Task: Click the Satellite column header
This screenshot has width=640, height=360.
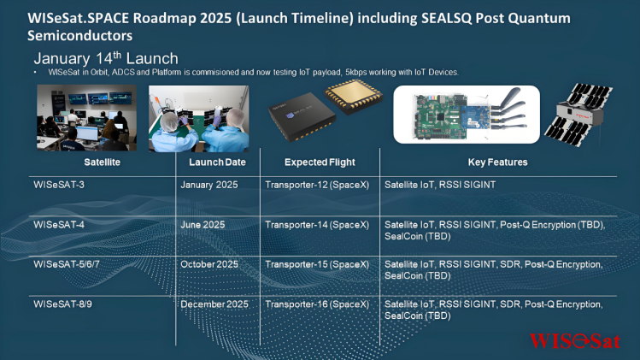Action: point(102,162)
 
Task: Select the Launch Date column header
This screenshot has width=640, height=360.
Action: point(217,162)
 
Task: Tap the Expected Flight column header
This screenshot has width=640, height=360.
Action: point(320,162)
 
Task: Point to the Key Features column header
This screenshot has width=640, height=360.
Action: point(497,162)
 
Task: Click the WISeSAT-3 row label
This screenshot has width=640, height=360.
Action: point(59,185)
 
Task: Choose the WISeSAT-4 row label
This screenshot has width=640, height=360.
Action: point(59,225)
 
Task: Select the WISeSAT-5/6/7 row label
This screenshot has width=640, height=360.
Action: point(67,264)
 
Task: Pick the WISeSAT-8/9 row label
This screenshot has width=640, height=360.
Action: point(62,304)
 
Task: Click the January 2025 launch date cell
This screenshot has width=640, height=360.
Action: point(209,185)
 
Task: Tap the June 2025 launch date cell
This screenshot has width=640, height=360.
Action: point(203,225)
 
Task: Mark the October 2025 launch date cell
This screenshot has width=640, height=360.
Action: point(209,264)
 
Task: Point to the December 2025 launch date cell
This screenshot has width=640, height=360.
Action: point(214,304)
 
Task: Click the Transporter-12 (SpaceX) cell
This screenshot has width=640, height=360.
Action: point(317,185)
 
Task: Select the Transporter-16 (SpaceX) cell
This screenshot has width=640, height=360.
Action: point(317,304)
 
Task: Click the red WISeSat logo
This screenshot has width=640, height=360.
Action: point(575,341)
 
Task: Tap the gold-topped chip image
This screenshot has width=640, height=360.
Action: point(354,97)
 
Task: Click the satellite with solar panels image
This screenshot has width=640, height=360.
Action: point(578,114)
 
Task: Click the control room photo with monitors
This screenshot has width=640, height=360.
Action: point(86,118)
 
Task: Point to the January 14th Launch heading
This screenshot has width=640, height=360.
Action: point(106,58)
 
